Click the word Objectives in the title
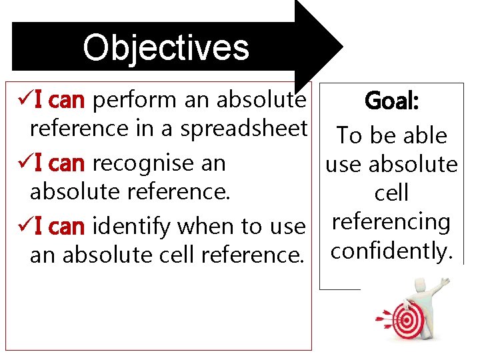[166, 47]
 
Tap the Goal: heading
[391, 102]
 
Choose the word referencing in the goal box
[391, 221]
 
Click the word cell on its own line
[391, 193]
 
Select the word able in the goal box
[423, 135]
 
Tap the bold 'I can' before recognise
[59, 163]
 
